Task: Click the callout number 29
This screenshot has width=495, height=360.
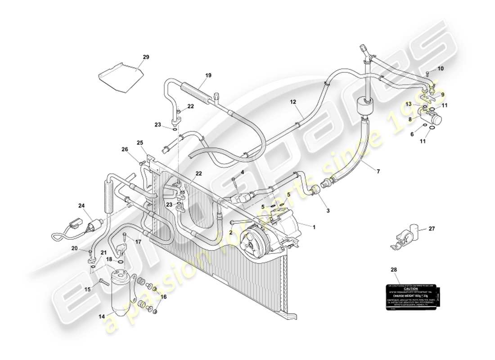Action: pyautogui.click(x=145, y=57)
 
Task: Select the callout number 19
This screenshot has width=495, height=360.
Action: pyautogui.click(x=208, y=76)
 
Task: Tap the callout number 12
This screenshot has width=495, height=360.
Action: pyautogui.click(x=292, y=103)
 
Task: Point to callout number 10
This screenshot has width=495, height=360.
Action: pyautogui.click(x=440, y=68)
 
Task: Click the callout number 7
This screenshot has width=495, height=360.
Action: pyautogui.click(x=378, y=171)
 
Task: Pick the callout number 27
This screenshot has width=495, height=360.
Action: pyautogui.click(x=432, y=229)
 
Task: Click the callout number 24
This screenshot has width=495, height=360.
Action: pyautogui.click(x=81, y=206)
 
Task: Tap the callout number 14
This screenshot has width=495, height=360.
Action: pyautogui.click(x=102, y=317)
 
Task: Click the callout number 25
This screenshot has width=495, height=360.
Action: pyautogui.click(x=140, y=143)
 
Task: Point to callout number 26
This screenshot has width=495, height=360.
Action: pyautogui.click(x=124, y=149)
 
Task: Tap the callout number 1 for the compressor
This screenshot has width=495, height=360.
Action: pyautogui.click(x=314, y=227)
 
